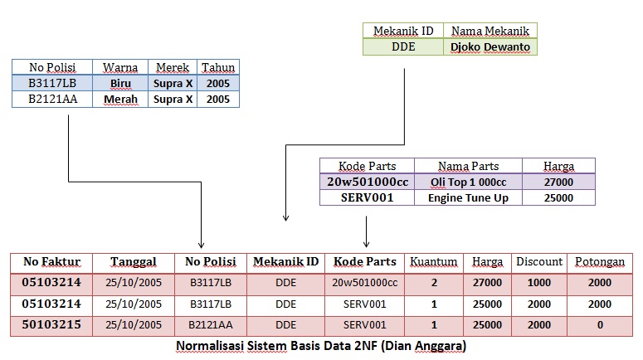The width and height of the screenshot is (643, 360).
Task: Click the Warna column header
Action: pos(120,67)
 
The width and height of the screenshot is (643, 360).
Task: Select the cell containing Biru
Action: pos(120,83)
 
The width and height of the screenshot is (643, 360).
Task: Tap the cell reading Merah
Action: pos(120,100)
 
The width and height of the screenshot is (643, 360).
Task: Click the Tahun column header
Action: pos(218,67)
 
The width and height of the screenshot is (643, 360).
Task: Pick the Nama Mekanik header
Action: pos(490,31)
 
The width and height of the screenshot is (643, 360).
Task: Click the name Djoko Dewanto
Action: pos(490,47)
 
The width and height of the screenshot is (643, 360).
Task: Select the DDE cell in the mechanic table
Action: pos(403,47)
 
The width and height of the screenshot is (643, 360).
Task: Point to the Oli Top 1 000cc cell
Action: pos(468,182)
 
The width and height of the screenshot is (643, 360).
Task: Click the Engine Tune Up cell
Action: pos(468,198)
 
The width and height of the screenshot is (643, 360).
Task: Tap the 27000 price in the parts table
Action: pos(558,182)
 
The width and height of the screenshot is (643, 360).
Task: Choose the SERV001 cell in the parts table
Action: pos(367,198)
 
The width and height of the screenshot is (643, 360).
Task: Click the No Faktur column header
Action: pos(51,262)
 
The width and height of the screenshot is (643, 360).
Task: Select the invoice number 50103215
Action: pos(51,324)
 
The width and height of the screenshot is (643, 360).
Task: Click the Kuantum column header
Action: pos(434,262)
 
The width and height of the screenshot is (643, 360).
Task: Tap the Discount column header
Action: pos(538,262)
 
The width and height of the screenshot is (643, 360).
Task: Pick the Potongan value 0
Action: pos(599,324)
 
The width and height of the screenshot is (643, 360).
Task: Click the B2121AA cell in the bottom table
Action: pos(211,324)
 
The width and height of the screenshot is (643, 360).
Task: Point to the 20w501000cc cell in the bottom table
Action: pos(365,283)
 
